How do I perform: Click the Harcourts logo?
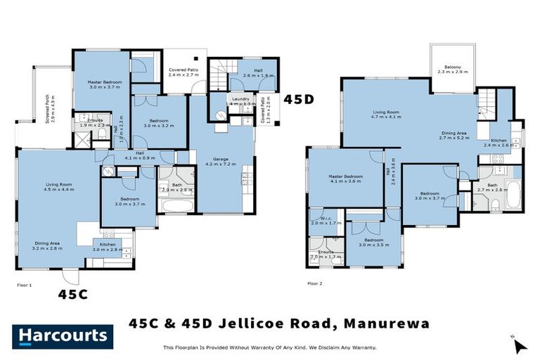pos(63,335)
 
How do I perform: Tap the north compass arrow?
pos(520,345)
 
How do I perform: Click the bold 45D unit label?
pos(298,100)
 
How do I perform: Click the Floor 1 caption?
pos(25,285)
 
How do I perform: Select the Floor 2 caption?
pos(314,283)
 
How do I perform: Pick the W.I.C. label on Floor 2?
pos(326,219)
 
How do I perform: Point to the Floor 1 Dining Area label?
pos(49,245)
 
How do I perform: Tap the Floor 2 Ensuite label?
pos(326,254)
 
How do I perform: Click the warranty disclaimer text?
pos(269,347)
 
